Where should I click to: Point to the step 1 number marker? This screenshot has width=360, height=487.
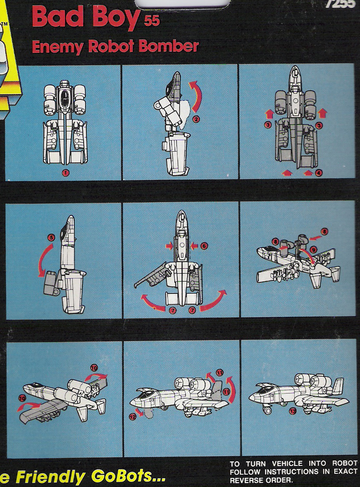66,173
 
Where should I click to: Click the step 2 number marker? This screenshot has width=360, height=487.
196,119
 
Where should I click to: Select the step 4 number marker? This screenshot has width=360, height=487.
318,173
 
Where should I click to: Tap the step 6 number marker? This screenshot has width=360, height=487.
204,246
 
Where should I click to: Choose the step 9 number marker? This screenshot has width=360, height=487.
313,249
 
